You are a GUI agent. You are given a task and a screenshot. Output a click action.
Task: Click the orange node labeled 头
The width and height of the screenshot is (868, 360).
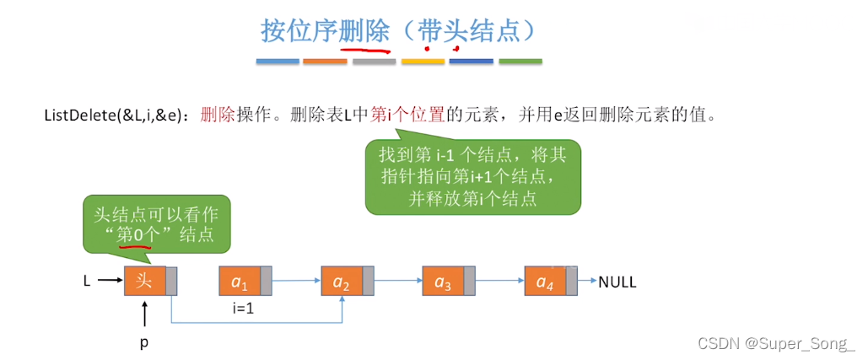point(144,281)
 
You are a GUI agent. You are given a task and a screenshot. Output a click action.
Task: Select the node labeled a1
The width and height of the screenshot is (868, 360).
point(240,281)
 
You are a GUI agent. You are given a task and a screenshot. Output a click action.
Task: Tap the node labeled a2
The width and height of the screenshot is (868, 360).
point(342,281)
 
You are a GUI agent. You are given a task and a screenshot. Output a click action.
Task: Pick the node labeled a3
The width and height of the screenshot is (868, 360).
point(442,281)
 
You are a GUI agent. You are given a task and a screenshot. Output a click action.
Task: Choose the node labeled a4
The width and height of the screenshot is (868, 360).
point(544,281)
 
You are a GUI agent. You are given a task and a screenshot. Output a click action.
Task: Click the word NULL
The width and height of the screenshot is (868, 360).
point(617,282)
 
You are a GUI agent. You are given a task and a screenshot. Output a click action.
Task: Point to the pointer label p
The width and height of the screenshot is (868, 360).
point(143,344)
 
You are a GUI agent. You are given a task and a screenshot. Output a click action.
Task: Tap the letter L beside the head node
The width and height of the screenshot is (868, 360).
point(87,282)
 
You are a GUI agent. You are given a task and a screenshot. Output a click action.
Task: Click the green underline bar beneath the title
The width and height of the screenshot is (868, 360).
point(520,62)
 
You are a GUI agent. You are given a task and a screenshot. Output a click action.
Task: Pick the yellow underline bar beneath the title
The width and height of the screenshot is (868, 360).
point(423,62)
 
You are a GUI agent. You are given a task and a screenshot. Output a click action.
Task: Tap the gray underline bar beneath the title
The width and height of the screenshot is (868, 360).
point(374,62)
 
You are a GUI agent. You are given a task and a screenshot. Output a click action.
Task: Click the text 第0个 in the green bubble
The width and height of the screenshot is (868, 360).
point(132,234)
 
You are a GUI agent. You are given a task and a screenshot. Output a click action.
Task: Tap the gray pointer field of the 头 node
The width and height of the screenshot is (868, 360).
point(172,281)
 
